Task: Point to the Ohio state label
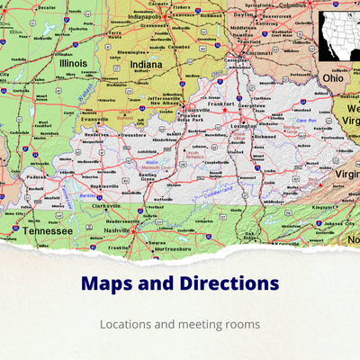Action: click(x=333, y=78)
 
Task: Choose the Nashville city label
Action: click(x=117, y=230)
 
